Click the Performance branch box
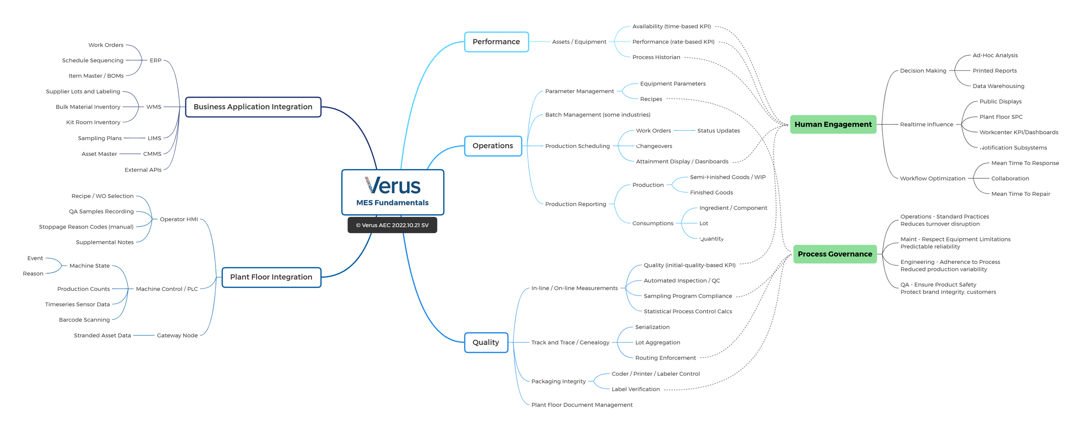496,42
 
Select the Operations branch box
493,146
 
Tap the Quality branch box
486,342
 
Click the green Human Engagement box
833,125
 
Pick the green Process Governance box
835,254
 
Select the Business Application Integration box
253,107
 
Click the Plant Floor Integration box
271,277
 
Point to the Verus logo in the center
392,185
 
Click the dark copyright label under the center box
392,225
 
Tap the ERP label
155,60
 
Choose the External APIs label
143,170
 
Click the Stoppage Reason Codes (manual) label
86,227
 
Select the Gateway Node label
177,336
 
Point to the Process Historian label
656,57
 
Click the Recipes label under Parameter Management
650,99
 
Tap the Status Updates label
718,131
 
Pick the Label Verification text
635,389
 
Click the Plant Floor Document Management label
582,405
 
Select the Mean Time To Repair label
1020,194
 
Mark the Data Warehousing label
998,86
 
